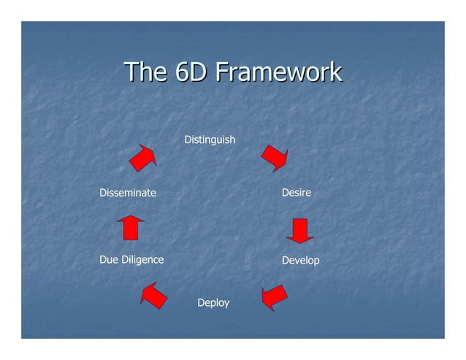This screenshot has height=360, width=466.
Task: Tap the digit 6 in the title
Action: click(181, 72)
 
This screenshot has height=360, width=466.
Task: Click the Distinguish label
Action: click(210, 139)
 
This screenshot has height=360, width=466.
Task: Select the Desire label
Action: click(296, 193)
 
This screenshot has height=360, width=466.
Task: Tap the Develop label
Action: click(300, 260)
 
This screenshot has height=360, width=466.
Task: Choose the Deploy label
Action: click(213, 302)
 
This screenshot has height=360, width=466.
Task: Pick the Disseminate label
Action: click(128, 193)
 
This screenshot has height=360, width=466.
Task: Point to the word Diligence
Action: click(142, 259)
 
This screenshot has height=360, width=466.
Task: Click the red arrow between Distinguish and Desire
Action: click(275, 157)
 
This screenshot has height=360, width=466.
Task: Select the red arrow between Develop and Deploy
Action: click(274, 296)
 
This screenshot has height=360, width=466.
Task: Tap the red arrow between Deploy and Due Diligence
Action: click(154, 295)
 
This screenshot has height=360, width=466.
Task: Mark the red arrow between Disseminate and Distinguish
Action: click(143, 157)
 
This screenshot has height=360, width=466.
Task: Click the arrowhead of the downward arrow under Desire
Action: click(300, 238)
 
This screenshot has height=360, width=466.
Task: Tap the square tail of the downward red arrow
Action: click(300, 226)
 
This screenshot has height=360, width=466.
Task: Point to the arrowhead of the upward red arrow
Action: click(130, 218)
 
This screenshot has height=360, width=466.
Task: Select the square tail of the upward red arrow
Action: click(130, 231)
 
